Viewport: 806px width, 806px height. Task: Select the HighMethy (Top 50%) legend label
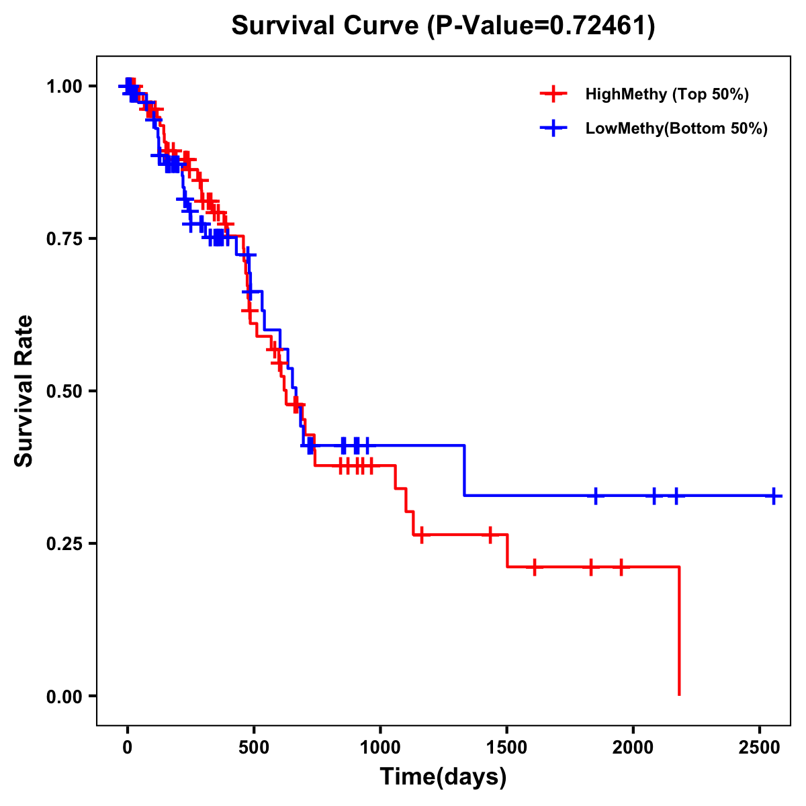pos(666,94)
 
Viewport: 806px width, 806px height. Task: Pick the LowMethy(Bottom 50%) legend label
pos(676,128)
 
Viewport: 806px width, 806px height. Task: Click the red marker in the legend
pos(553,94)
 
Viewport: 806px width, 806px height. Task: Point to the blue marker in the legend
pos(553,128)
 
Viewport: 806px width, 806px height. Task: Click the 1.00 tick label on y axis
pos(64,87)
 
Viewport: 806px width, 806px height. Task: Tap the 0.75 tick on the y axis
pos(64,239)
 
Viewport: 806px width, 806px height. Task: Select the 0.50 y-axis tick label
pos(64,392)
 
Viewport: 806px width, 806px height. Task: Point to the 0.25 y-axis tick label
pos(64,544)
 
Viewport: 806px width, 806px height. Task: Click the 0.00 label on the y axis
pos(64,697)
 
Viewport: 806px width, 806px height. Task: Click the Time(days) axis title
pos(443,777)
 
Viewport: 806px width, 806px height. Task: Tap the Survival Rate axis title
pos(24,391)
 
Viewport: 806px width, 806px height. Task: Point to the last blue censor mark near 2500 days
pos(774,496)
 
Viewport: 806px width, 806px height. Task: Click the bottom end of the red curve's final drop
pos(679,694)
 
